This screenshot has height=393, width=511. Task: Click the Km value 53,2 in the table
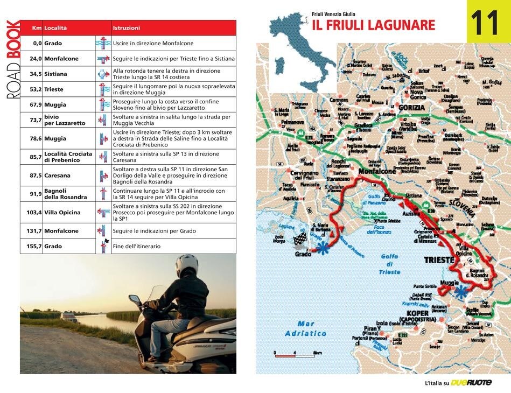[36, 89]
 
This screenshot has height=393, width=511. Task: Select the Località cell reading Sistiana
[55, 74]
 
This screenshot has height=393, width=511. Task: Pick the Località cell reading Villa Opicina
[62, 213]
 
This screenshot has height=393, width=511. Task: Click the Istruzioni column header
[127, 27]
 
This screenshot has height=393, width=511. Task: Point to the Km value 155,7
[34, 246]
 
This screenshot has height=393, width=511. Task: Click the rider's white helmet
[187, 265]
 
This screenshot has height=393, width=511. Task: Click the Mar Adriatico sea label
[305, 328]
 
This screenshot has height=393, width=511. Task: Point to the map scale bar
[294, 354]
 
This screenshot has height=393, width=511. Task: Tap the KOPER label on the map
[418, 313]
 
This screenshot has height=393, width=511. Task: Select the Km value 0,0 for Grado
[37, 43]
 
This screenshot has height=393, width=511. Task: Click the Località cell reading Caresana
[57, 176]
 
